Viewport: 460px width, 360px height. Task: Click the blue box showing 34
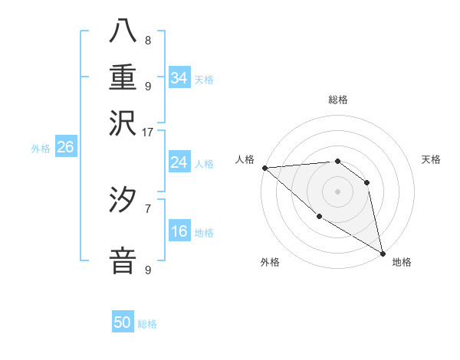click(x=179, y=77)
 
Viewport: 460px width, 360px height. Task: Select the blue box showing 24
click(x=179, y=162)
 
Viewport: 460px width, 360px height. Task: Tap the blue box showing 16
click(x=179, y=231)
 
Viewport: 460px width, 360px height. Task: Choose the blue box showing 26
click(x=65, y=147)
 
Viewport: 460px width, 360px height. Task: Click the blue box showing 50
click(x=122, y=322)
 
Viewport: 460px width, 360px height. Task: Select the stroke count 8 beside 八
click(x=148, y=41)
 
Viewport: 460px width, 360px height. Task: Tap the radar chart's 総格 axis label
click(x=337, y=100)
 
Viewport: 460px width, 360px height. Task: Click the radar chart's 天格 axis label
click(x=431, y=159)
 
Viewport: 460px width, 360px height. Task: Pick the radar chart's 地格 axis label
click(x=402, y=262)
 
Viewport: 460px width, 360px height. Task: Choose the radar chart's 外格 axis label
click(x=270, y=262)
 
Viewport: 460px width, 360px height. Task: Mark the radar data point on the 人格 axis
click(x=264, y=168)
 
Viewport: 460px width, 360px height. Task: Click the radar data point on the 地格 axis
click(x=382, y=252)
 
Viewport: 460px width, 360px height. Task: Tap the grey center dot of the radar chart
click(x=337, y=191)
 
